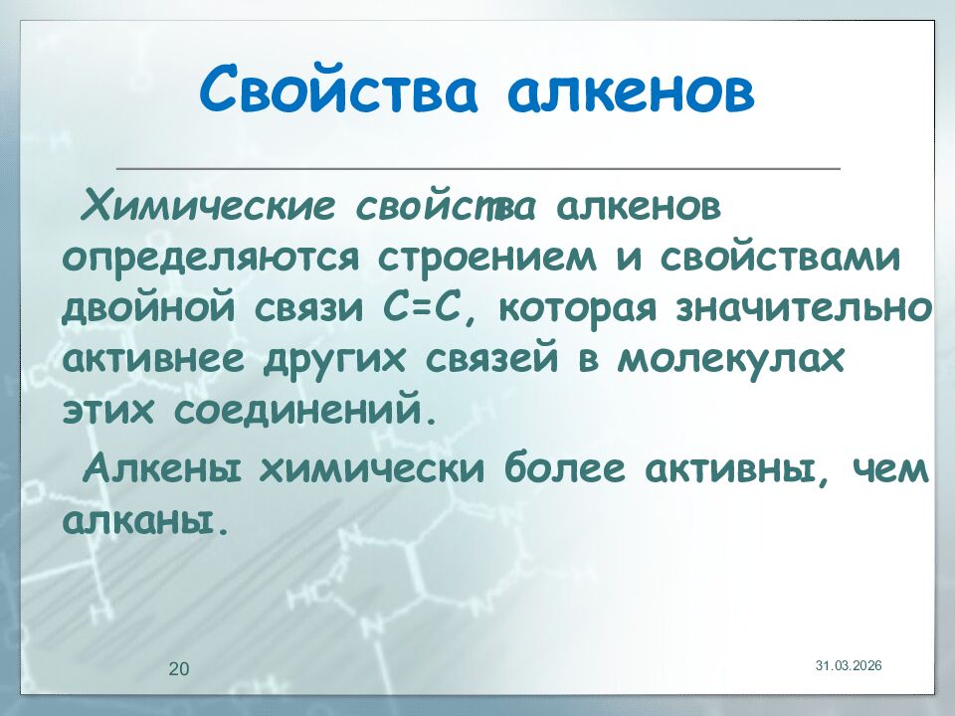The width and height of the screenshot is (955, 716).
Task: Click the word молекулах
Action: pyautogui.click(x=730, y=359)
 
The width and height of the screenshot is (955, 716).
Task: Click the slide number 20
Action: pyautogui.click(x=179, y=668)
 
